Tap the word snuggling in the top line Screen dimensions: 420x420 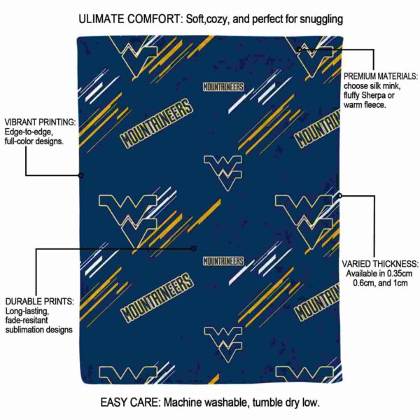[321, 20]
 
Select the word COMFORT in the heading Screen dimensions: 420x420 [155, 19]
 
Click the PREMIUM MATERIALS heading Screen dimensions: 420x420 [381, 76]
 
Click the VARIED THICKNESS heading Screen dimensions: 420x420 [380, 264]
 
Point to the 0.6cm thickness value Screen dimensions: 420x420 [364, 283]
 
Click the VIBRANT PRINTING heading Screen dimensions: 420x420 [40, 122]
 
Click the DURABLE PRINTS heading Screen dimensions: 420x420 [40, 301]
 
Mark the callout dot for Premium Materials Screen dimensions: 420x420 [299, 50]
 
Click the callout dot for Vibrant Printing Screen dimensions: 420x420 [80, 176]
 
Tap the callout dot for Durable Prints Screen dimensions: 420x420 [194, 248]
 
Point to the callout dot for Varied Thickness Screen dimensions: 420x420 [339, 195]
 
